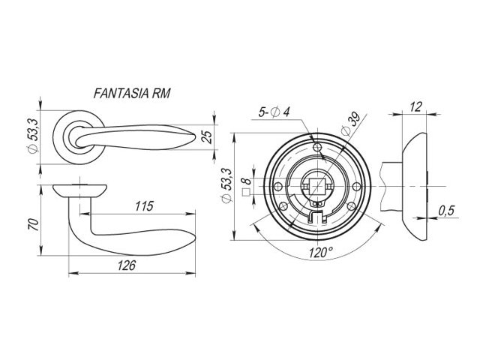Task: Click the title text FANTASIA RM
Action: [132, 93]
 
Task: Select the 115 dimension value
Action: [144, 206]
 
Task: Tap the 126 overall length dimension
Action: [127, 265]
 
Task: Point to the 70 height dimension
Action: [34, 224]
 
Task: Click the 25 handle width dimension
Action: [207, 136]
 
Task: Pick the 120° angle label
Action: [320, 253]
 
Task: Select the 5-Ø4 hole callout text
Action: [274, 112]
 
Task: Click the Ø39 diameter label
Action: [350, 124]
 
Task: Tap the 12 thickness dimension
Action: [415, 106]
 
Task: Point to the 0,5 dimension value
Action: [447, 211]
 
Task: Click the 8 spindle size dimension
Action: [247, 181]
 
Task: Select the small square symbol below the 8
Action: [246, 192]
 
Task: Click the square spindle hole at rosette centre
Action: [317, 186]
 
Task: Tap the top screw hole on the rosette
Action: [317, 147]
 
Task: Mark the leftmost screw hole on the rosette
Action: [278, 186]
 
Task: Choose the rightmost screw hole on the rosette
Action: [357, 186]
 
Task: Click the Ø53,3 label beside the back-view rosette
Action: [227, 185]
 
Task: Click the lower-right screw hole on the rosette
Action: [352, 205]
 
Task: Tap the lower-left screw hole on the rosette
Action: [283, 205]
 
